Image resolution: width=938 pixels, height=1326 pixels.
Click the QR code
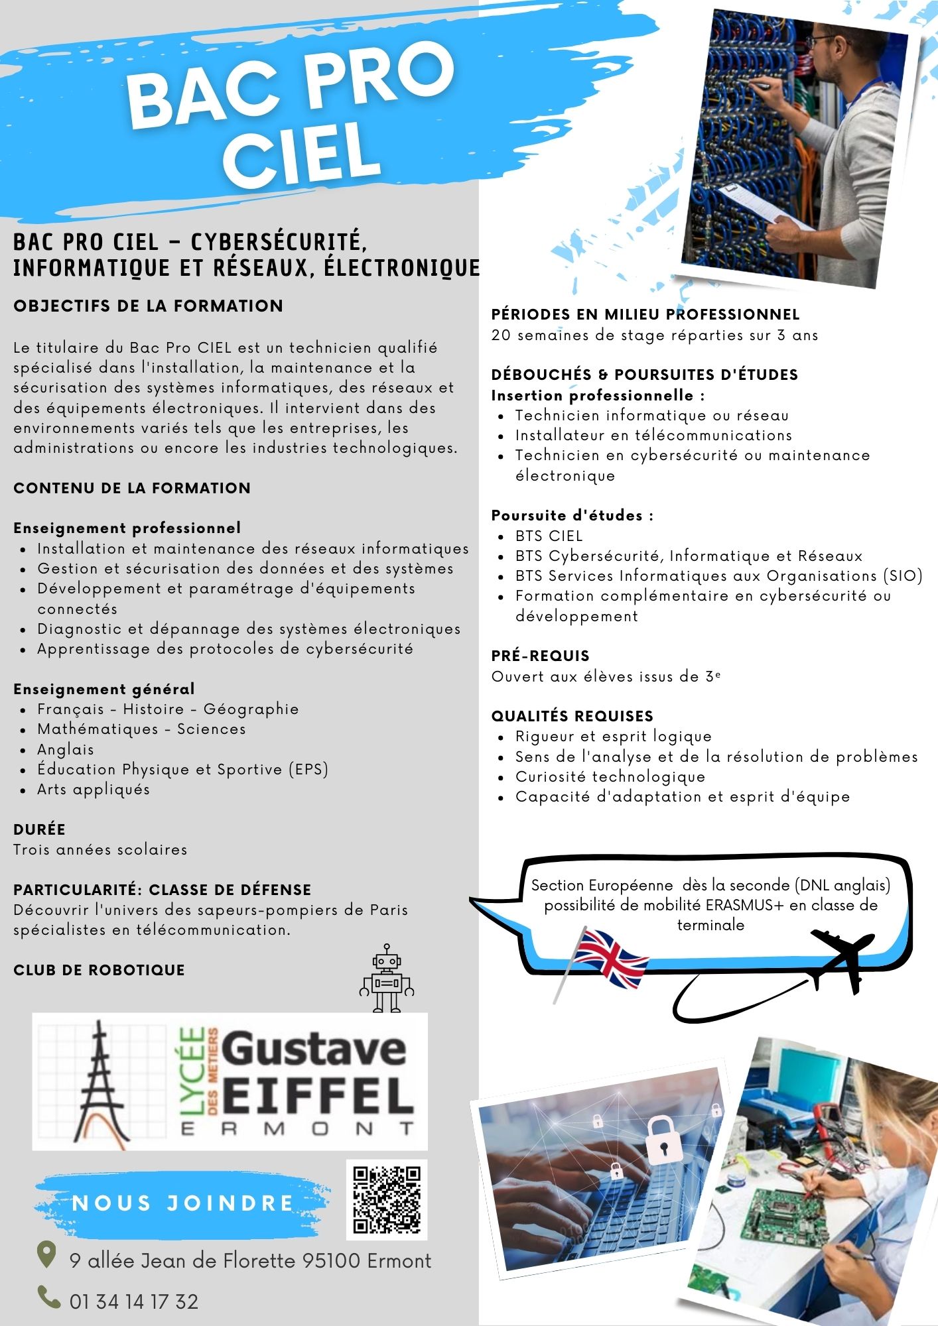(387, 1199)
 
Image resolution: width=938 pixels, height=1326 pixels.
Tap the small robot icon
(387, 979)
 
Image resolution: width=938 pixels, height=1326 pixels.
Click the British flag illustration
(609, 958)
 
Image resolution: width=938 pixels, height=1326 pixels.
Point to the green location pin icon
(46, 1254)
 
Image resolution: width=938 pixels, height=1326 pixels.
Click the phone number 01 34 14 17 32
(134, 1301)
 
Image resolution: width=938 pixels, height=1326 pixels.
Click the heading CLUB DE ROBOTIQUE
(99, 970)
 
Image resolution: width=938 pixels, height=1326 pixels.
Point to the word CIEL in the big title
(302, 154)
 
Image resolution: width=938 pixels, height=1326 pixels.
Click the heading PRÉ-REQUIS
(540, 656)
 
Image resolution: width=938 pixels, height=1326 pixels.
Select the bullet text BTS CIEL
(549, 536)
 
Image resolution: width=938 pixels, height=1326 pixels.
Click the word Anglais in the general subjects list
(66, 749)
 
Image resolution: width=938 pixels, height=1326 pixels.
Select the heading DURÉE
(39, 829)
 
